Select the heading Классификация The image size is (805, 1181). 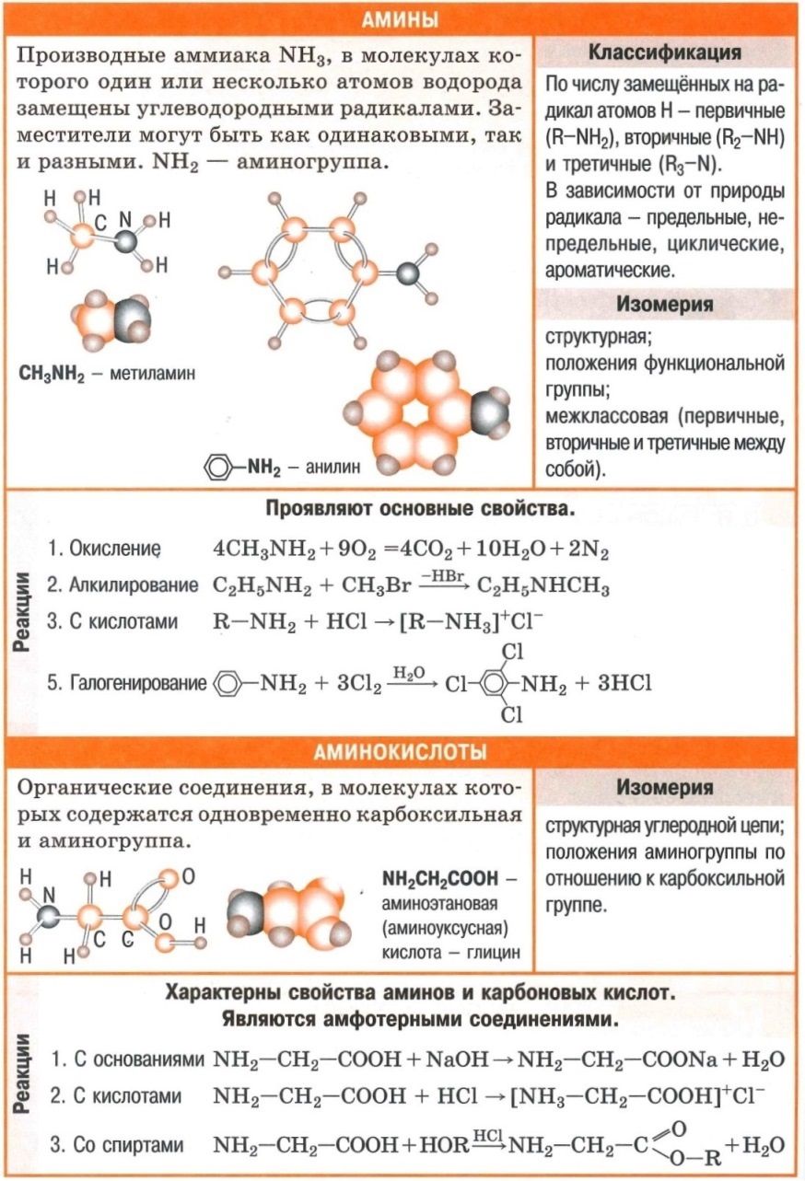664,52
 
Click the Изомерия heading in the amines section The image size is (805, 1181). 664,303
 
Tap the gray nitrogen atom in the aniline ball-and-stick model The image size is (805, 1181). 408,272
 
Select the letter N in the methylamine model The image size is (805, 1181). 126,219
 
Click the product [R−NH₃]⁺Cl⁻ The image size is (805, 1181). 472,621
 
